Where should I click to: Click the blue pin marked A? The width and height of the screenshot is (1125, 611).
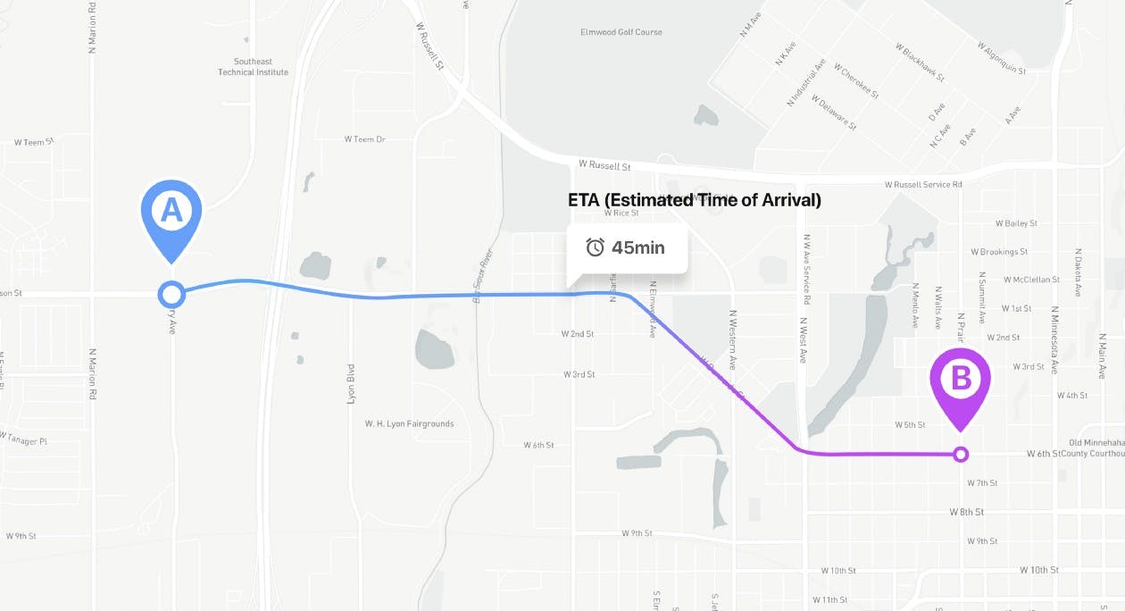[171, 213]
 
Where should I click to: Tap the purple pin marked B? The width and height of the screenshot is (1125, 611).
[961, 381]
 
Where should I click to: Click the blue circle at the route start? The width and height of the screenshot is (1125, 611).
[171, 293]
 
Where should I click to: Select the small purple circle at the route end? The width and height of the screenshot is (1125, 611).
[961, 455]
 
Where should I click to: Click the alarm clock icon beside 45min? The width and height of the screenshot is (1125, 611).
[595, 247]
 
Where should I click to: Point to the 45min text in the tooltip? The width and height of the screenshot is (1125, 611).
[637, 247]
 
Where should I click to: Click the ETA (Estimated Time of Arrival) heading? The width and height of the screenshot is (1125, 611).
[694, 200]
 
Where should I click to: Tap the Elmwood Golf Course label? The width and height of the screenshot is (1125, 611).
[621, 32]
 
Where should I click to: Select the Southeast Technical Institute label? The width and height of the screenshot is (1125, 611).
[253, 67]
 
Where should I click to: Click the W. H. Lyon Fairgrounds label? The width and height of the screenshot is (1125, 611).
[409, 423]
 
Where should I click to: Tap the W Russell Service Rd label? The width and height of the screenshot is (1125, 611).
[923, 184]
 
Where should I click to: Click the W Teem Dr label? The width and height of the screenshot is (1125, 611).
[364, 139]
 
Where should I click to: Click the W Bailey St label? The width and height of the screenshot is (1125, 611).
[1009, 223]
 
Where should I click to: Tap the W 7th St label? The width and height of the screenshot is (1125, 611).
[981, 483]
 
